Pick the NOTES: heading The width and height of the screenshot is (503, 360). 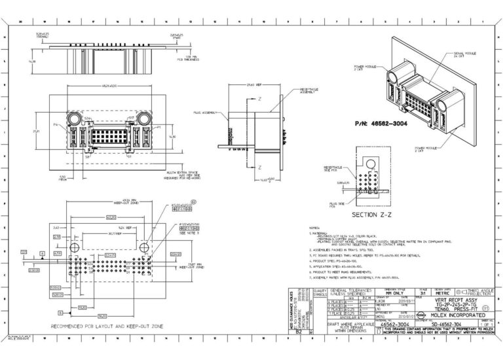pyautogui.click(x=313, y=226)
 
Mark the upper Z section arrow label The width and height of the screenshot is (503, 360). pyautogui.click(x=259, y=99)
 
